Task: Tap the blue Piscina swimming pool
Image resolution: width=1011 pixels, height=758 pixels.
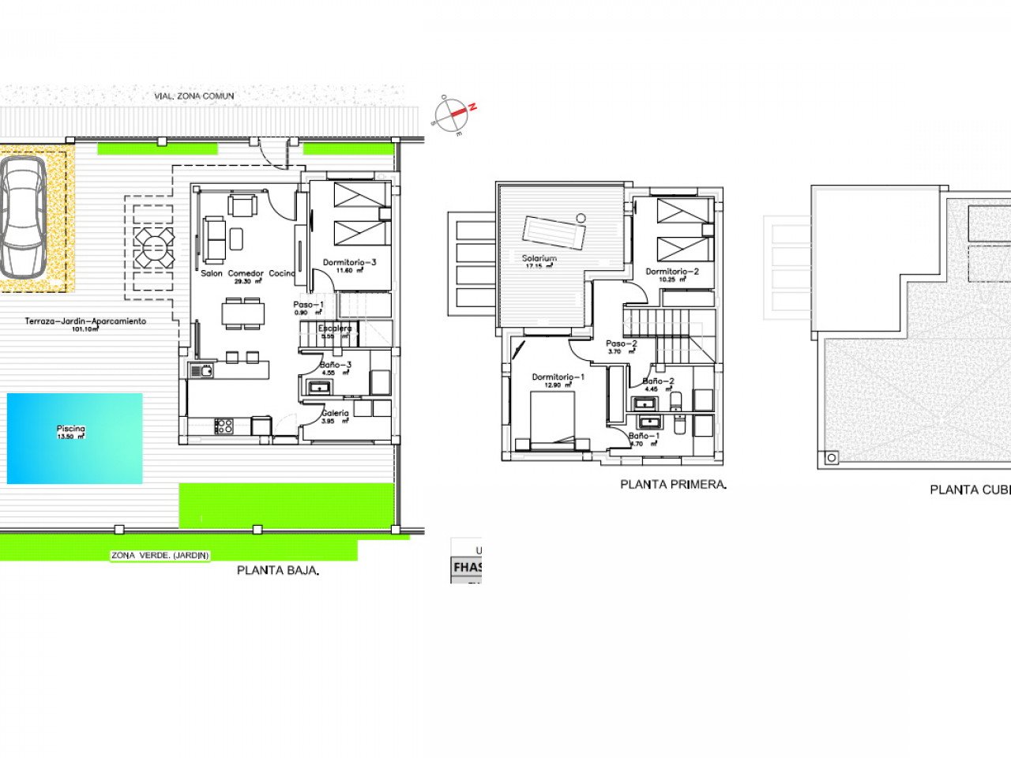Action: point(74,438)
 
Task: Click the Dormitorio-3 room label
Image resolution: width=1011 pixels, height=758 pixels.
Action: point(350,262)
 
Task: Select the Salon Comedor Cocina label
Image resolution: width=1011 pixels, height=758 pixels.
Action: point(248,273)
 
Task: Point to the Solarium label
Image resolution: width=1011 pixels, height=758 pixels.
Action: point(539,258)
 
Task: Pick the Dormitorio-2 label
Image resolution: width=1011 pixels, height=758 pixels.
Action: point(672,272)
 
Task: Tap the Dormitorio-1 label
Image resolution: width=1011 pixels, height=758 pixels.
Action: point(558,377)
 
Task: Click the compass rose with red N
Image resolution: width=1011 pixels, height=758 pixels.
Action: point(456,114)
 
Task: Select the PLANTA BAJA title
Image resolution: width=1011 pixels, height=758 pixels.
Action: point(278,569)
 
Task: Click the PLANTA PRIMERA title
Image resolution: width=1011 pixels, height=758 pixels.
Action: point(673,484)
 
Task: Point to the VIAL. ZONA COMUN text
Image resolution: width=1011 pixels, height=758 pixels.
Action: point(194,96)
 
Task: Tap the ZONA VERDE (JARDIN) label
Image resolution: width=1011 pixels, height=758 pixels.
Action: point(160,555)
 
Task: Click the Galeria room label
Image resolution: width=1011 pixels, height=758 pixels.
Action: point(335,413)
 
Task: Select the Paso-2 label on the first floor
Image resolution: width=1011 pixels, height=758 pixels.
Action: point(622,343)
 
